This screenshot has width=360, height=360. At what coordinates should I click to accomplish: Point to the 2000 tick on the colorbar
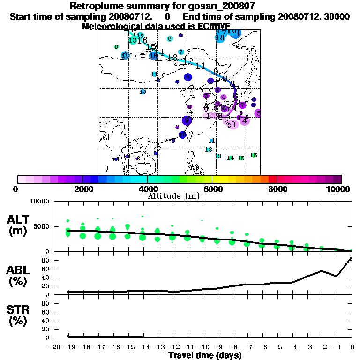point(82,189)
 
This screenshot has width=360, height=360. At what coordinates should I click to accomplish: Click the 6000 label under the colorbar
point(212,189)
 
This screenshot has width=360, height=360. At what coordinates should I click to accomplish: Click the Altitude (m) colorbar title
point(180,196)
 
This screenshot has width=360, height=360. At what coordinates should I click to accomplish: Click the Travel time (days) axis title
point(205,355)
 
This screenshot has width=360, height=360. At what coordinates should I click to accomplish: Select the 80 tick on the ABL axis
point(46,260)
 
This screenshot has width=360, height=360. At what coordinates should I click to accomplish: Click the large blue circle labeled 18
point(220,37)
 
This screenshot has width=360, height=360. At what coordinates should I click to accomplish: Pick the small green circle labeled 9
point(116,47)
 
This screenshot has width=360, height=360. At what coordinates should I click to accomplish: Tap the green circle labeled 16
point(254,155)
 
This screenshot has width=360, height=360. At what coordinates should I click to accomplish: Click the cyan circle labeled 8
point(170,38)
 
